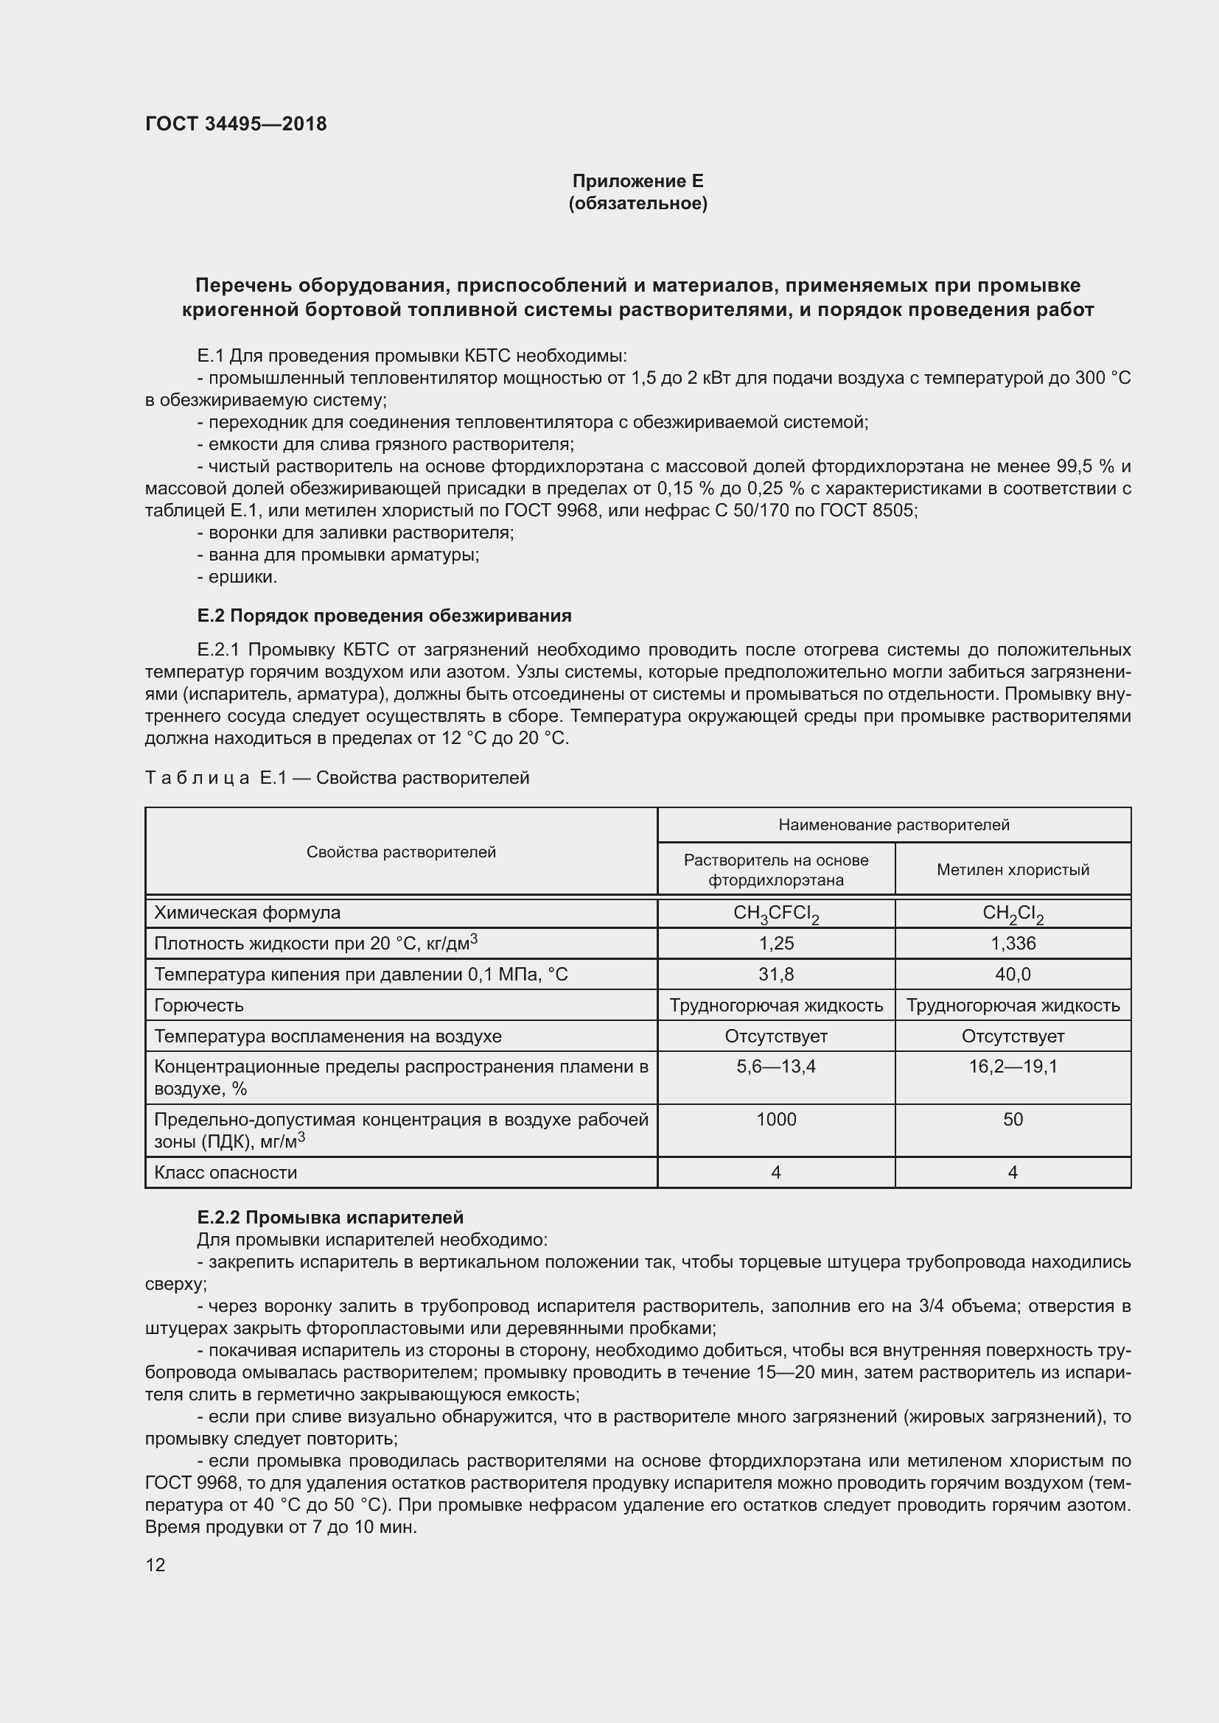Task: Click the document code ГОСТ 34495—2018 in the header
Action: [236, 124]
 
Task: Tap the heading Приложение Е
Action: [638, 181]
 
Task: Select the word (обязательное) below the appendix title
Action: [638, 203]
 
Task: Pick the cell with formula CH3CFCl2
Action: [775, 913]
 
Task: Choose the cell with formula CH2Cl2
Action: [1013, 913]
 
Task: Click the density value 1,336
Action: [1013, 944]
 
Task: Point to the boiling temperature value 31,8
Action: [775, 974]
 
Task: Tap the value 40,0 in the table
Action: [1013, 974]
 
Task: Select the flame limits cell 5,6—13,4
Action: [775, 1067]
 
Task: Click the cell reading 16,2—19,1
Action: [1013, 1067]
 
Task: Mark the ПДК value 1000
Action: [775, 1119]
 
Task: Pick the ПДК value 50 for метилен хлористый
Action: [1013, 1119]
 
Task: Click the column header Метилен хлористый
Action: [1013, 870]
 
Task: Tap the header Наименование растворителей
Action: [893, 825]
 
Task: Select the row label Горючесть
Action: [199, 1005]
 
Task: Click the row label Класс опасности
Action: [226, 1172]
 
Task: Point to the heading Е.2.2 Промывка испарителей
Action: [330, 1217]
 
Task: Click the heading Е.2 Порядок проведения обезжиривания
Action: [384, 616]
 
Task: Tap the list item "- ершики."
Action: [237, 577]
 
